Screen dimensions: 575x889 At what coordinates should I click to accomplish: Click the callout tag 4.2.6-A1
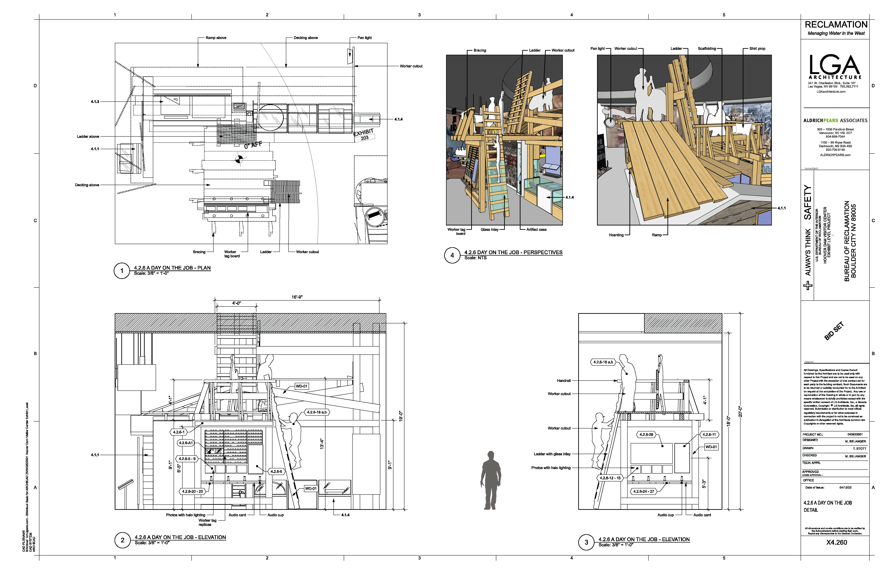point(186,443)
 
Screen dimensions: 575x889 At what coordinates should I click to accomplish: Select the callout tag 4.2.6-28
point(646,435)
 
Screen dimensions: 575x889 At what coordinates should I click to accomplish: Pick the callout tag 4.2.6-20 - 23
point(192,491)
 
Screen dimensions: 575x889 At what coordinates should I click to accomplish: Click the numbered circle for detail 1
point(122,271)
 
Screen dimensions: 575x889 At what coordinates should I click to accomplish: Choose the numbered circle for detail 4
point(452,255)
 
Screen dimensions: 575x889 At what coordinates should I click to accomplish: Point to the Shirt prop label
point(757,49)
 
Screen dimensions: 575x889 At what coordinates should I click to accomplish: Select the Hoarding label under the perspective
point(616,235)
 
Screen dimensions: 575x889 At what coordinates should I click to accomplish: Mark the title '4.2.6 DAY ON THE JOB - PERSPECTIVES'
point(513,252)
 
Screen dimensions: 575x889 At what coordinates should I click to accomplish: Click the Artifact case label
point(536,230)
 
